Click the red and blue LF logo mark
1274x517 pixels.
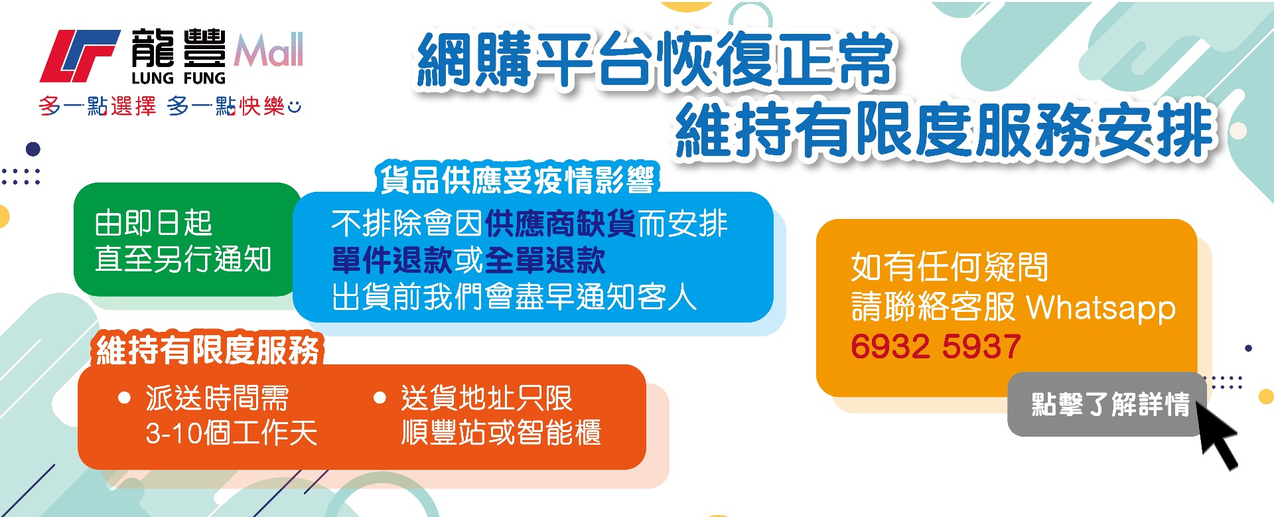pyautogui.click(x=80, y=56)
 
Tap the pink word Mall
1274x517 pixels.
pyautogui.click(x=269, y=50)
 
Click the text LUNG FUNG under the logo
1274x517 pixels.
pyautogui.click(x=178, y=78)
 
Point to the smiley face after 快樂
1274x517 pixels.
pyautogui.click(x=295, y=106)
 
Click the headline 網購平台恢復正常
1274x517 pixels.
pyautogui.click(x=656, y=60)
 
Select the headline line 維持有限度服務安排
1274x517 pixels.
pyautogui.click(x=945, y=130)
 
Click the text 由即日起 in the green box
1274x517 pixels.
pyautogui.click(x=153, y=223)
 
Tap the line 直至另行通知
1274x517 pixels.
pyautogui.click(x=183, y=259)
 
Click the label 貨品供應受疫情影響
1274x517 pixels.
pyautogui.click(x=517, y=179)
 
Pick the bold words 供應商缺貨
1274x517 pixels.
pyautogui.click(x=561, y=224)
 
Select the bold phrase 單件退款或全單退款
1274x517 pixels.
pyautogui.click(x=468, y=260)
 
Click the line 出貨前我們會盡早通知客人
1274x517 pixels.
pyautogui.click(x=514, y=297)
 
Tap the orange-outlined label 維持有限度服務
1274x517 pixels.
pyautogui.click(x=208, y=350)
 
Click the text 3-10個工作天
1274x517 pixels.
pyautogui.click(x=232, y=433)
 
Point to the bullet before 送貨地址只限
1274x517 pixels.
pyautogui.click(x=380, y=398)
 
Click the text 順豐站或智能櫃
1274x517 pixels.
pyautogui.click(x=501, y=433)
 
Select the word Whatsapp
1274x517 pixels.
pyautogui.click(x=1101, y=308)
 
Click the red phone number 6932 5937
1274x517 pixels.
pyautogui.click(x=936, y=346)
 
